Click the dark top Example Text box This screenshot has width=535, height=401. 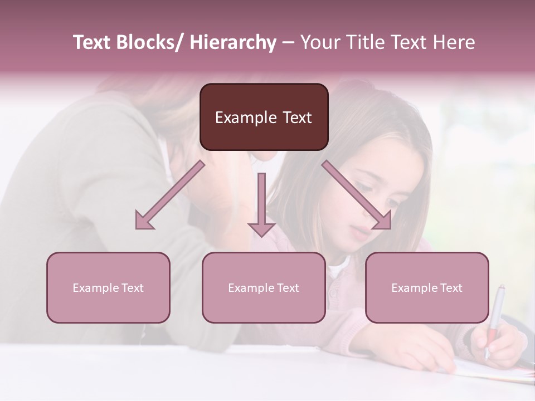[264, 117]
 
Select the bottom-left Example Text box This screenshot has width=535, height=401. [108, 287]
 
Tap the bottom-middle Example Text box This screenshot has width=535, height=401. [264, 287]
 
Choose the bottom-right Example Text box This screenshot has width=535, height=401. [427, 287]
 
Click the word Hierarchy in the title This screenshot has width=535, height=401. [232, 42]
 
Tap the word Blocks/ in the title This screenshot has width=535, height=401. [150, 42]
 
